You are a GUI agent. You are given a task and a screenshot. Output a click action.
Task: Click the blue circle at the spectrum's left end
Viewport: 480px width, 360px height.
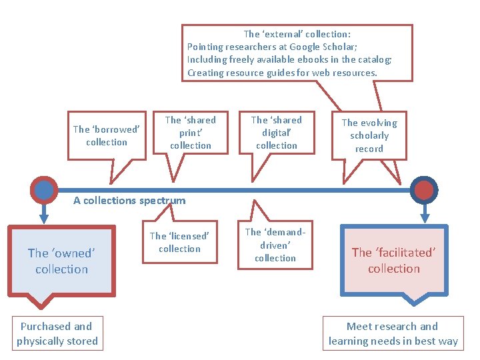(44, 190)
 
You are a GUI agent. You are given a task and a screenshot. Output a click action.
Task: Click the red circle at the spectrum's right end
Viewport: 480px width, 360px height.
(424, 190)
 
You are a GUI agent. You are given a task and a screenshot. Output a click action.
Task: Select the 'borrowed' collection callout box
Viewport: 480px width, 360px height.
(107, 135)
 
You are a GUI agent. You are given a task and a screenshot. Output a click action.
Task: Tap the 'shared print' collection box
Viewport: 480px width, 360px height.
(191, 133)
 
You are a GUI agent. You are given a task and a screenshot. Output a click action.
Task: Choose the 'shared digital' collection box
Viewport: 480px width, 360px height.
(277, 133)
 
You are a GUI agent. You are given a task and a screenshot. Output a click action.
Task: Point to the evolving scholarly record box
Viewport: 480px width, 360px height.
(369, 135)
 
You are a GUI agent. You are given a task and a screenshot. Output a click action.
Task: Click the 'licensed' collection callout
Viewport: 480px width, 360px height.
(179, 242)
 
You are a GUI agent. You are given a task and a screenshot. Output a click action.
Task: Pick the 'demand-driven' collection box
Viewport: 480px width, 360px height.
(275, 245)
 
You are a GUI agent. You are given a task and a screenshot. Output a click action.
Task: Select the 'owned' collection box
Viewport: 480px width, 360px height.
(62, 261)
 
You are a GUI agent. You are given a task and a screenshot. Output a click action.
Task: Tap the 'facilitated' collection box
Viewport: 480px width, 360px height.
(394, 261)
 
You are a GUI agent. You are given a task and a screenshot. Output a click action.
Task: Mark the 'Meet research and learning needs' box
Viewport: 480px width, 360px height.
(393, 333)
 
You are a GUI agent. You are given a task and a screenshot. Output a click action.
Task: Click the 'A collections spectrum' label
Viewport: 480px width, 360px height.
(129, 200)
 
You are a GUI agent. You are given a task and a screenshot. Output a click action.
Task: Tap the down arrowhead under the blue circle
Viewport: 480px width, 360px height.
(44, 217)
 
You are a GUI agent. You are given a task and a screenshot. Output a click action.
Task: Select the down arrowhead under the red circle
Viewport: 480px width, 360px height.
(424, 217)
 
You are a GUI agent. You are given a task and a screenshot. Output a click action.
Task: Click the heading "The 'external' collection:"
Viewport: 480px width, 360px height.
(297, 34)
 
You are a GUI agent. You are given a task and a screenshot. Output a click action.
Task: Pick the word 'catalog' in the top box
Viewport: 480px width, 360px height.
(375, 60)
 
